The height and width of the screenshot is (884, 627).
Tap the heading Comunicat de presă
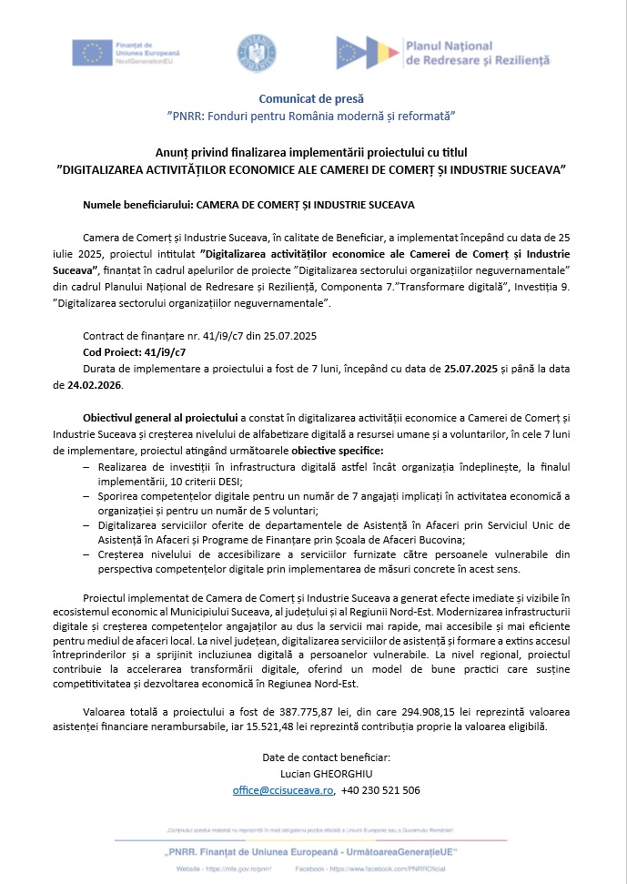[312, 97]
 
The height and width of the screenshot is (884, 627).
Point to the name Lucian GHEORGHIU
[312, 774]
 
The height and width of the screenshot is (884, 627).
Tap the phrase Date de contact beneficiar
[312, 757]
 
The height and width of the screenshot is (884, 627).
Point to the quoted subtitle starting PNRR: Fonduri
[312, 117]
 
